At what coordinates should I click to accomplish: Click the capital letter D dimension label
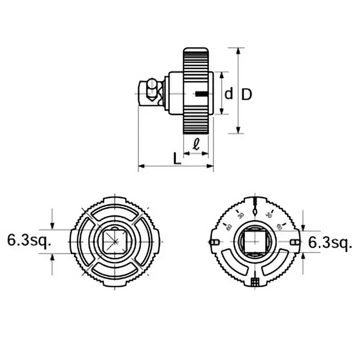[x=246, y=94]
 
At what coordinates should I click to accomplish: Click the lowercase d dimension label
[x=229, y=94]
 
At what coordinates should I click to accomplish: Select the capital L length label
[x=177, y=158]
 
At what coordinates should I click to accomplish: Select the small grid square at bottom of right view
[x=255, y=282]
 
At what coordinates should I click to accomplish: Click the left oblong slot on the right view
[x=214, y=243]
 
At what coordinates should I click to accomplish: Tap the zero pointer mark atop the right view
[x=255, y=208]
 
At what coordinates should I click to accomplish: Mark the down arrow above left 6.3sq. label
[x=53, y=225]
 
